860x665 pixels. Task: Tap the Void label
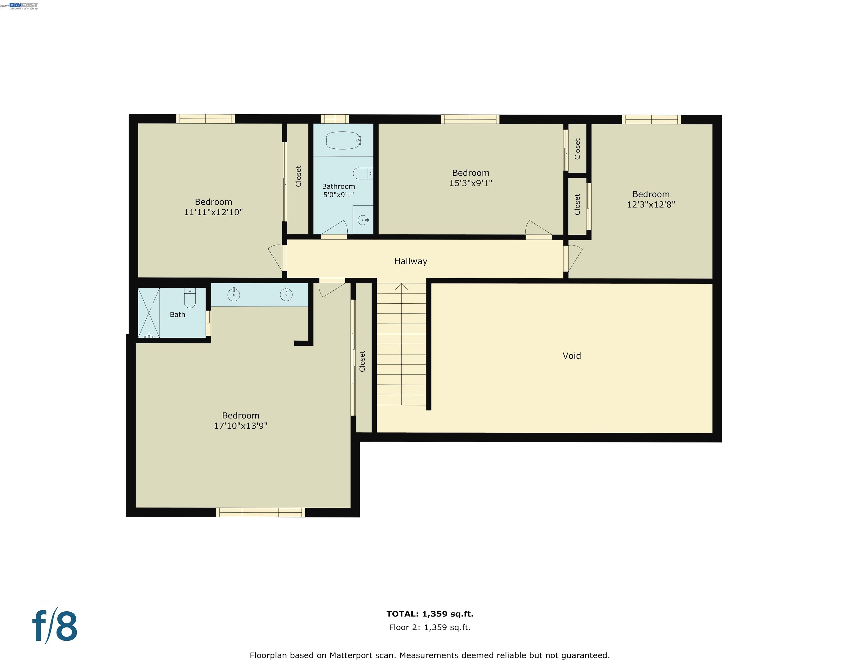pos(572,356)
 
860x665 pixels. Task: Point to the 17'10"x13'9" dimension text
pos(240,426)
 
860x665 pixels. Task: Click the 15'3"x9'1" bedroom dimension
pos(471,183)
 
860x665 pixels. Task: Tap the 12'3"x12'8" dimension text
pos(651,204)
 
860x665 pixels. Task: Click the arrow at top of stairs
pos(401,286)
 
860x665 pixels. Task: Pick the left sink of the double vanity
pos(234,295)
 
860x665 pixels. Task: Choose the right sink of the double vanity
pos(286,294)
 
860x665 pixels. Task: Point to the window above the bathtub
pos(334,119)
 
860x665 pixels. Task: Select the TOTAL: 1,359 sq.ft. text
pos(430,614)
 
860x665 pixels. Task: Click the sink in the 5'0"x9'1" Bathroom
pos(363,220)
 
